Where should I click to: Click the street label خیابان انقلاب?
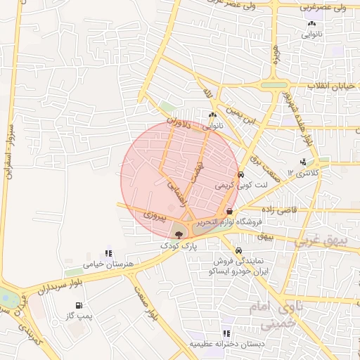point(330,86)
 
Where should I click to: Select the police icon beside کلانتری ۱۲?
point(303,162)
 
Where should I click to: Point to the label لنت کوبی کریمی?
point(233,186)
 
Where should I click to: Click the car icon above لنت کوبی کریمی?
point(240,175)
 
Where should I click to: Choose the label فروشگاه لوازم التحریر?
point(229,222)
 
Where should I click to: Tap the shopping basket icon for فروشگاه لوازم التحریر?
point(229,211)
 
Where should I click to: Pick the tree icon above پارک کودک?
point(177,234)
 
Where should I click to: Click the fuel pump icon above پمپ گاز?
point(79,305)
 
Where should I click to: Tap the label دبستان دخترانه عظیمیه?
point(224,345)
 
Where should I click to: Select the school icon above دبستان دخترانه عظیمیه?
point(226,333)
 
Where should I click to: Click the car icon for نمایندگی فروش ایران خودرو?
point(239,251)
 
